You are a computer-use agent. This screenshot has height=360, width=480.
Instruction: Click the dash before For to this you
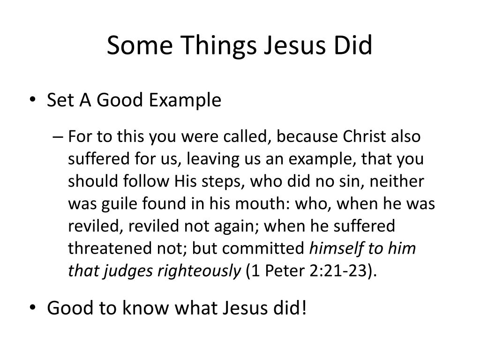click(x=58, y=137)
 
